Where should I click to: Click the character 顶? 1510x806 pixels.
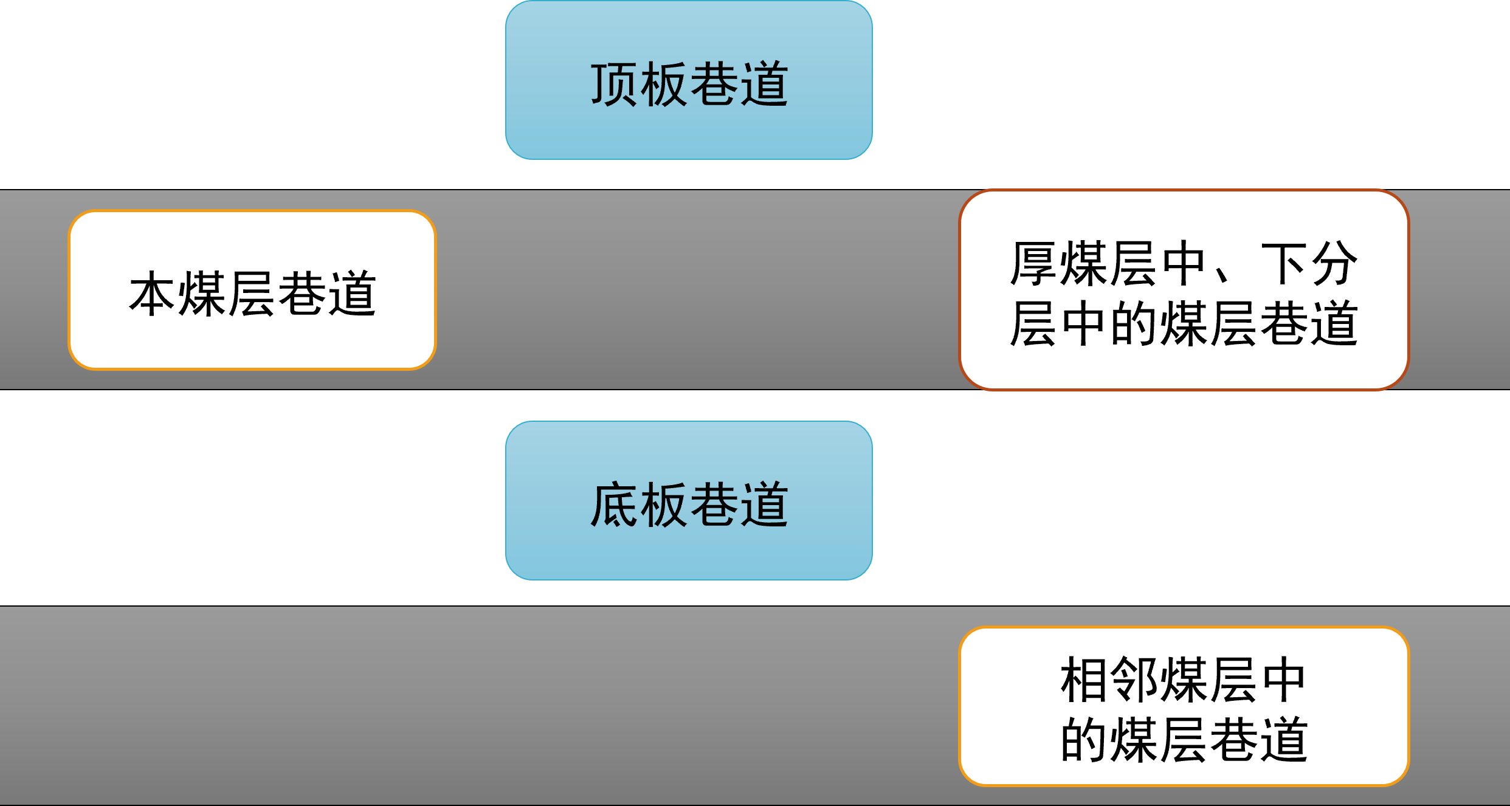coord(614,84)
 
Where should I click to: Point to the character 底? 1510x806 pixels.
coord(614,505)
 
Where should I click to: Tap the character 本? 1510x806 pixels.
coord(153,294)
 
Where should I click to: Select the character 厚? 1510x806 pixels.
coord(1033,264)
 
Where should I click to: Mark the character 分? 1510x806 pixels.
coord(1334,264)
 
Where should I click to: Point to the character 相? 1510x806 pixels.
coord(1084,680)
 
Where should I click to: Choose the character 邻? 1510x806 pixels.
coord(1134,680)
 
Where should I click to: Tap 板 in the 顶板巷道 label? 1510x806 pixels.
coord(664,84)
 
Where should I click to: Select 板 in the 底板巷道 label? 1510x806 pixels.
coord(664,505)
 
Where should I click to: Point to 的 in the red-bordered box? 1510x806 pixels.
coord(1134,323)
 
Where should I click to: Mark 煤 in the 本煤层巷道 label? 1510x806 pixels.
coord(203,294)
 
